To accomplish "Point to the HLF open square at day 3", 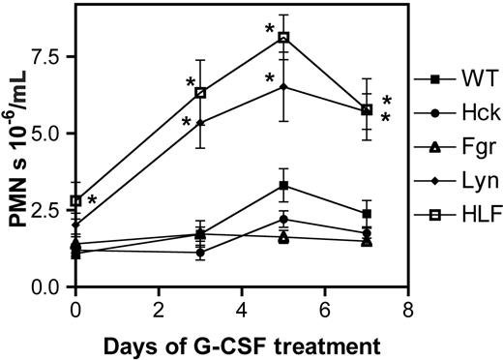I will [x=200, y=93].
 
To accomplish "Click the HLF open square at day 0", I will [x=76, y=201].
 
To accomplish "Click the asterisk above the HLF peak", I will [x=270, y=29].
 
